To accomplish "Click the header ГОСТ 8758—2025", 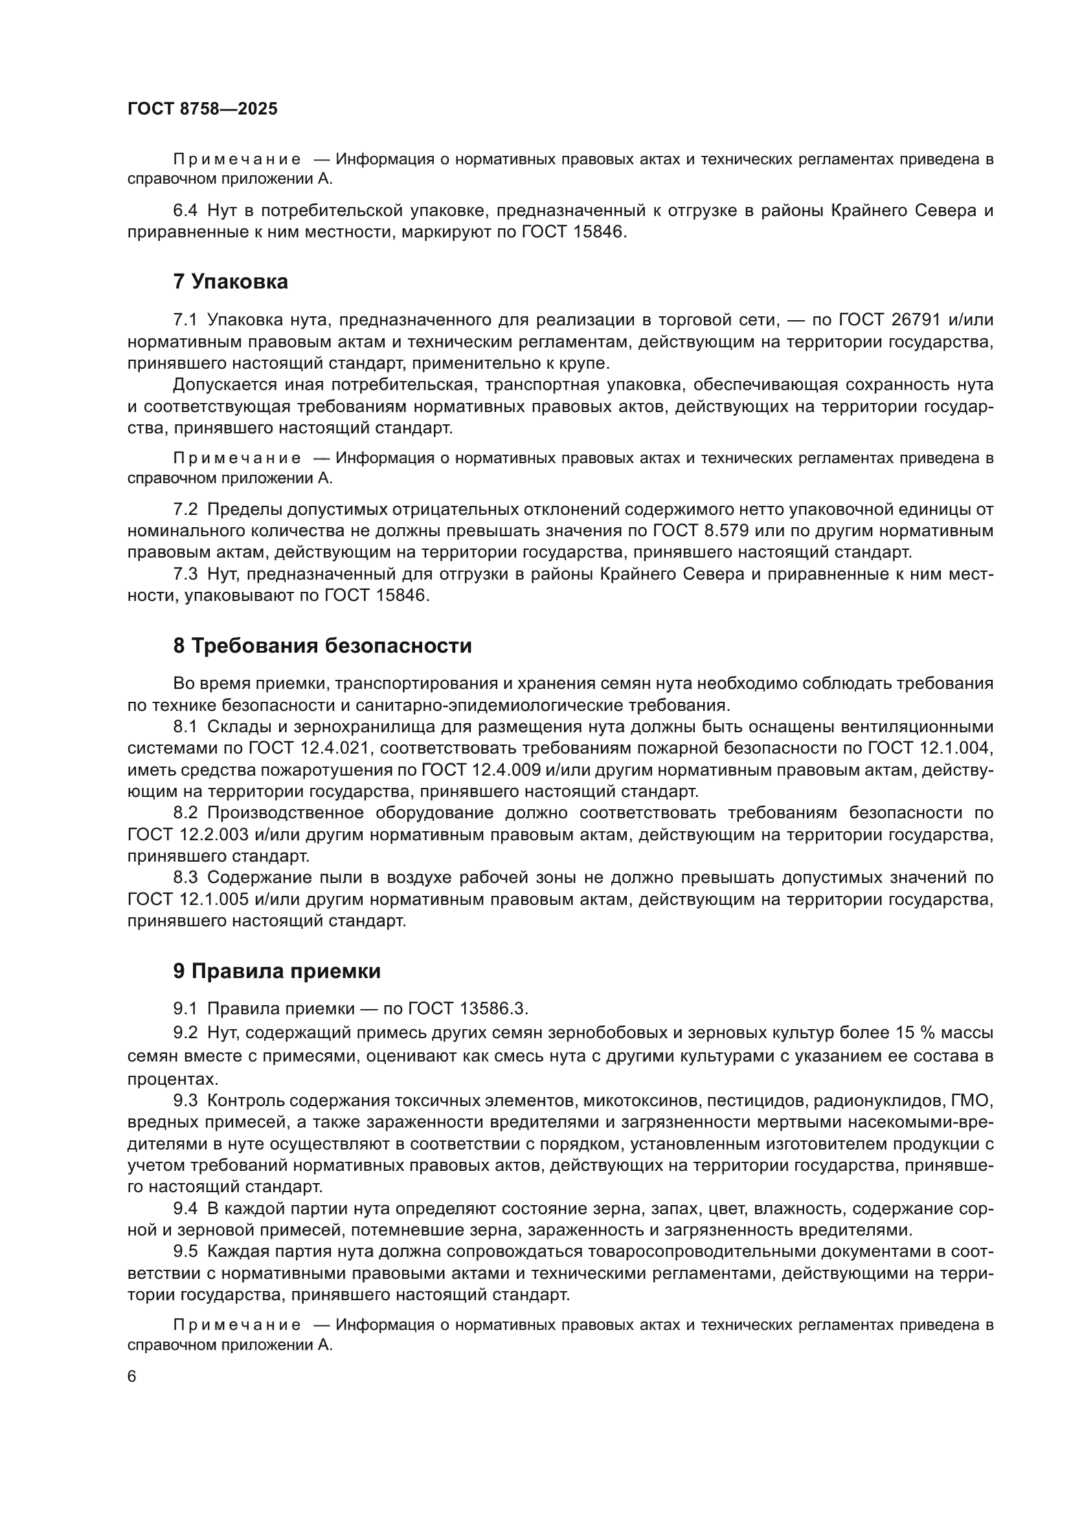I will [x=203, y=109].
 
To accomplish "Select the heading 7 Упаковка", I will [x=230, y=282].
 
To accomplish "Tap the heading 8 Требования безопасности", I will [x=322, y=646].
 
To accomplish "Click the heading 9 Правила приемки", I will [x=277, y=972].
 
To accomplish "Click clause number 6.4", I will [x=185, y=211].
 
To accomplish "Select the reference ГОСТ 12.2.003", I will [x=188, y=835].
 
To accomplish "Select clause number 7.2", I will [x=185, y=509].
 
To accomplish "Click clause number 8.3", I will [x=185, y=878].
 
